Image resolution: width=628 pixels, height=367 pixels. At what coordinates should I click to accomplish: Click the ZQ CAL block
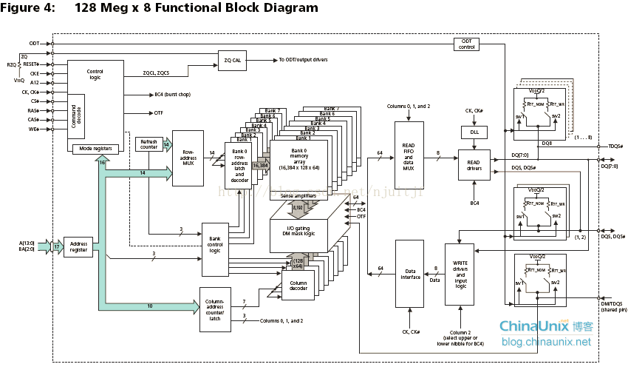click(x=232, y=60)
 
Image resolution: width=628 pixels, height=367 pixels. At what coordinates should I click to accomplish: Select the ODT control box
click(x=466, y=44)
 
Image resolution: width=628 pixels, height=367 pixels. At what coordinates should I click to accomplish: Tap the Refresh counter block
click(x=149, y=144)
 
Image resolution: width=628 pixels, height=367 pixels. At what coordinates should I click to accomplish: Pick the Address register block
click(x=78, y=246)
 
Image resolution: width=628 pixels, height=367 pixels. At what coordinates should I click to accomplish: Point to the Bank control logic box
click(x=214, y=244)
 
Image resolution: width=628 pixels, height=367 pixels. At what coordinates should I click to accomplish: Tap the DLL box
click(x=473, y=132)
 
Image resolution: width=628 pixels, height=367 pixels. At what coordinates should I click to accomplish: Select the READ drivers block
click(x=473, y=165)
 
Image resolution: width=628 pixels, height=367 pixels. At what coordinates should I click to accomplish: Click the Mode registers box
click(x=95, y=148)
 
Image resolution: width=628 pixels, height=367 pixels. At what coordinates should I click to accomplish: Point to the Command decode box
click(x=77, y=115)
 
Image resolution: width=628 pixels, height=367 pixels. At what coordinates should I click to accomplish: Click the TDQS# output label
click(x=614, y=147)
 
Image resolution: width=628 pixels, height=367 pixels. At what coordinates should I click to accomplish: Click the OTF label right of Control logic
click(x=159, y=112)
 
